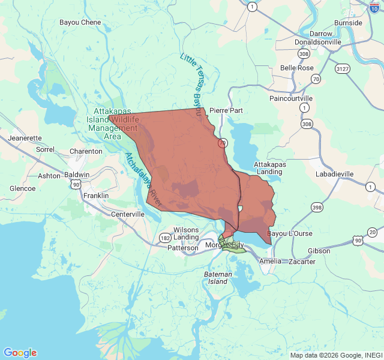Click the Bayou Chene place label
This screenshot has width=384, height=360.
pyautogui.click(x=80, y=22)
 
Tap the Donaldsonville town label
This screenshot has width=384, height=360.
pyautogui.click(x=317, y=43)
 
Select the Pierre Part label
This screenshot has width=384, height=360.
pyautogui.click(x=226, y=110)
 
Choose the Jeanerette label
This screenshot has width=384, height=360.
pyautogui.click(x=25, y=138)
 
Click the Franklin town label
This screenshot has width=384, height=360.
pyautogui.click(x=96, y=196)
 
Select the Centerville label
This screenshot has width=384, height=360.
pyautogui.click(x=128, y=214)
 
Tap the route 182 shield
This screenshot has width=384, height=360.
pyautogui.click(x=164, y=238)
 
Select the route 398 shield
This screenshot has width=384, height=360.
pyautogui.click(x=316, y=207)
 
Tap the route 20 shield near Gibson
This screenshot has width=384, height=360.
pyautogui.click(x=372, y=232)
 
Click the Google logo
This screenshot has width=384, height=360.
pyautogui.click(x=20, y=353)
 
